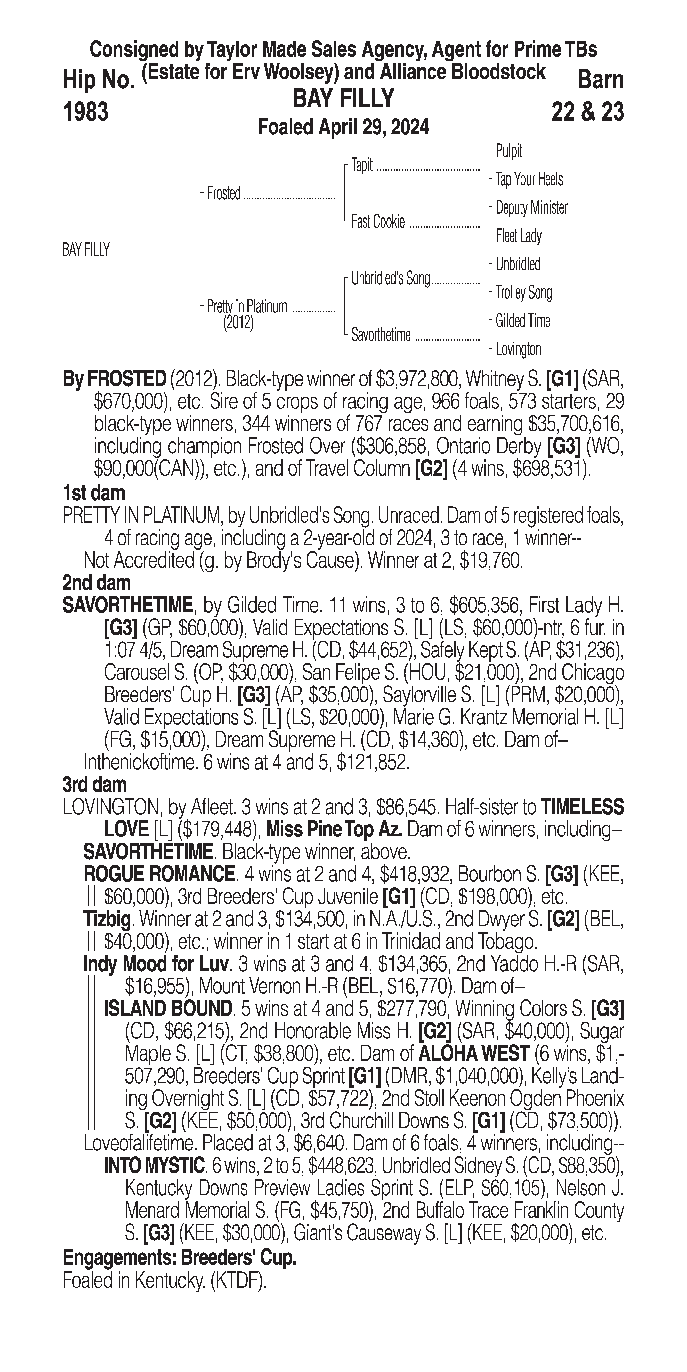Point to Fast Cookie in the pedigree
click(378, 222)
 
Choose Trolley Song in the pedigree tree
click(523, 292)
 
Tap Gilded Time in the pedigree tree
click(522, 321)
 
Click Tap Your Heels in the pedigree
click(529, 180)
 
